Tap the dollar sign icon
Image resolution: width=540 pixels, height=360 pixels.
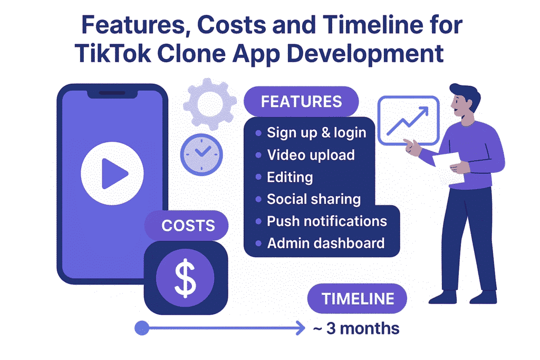click(186, 278)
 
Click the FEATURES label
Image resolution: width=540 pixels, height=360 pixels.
click(301, 101)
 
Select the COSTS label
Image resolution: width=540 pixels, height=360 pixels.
click(188, 226)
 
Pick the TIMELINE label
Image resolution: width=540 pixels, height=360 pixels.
click(358, 299)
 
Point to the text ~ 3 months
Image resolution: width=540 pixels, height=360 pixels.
click(356, 328)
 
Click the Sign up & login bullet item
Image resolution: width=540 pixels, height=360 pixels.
click(316, 132)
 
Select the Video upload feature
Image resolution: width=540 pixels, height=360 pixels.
click(311, 155)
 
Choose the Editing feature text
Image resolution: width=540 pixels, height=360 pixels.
click(290, 177)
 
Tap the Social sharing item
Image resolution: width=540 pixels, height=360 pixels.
click(314, 199)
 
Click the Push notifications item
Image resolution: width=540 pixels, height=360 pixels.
click(327, 221)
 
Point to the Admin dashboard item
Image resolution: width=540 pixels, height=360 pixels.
click(325, 244)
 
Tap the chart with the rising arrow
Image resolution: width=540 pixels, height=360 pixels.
click(409, 120)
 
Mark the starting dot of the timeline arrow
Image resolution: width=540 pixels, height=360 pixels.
click(141, 328)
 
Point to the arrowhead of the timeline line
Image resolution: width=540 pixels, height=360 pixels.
click(301, 328)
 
